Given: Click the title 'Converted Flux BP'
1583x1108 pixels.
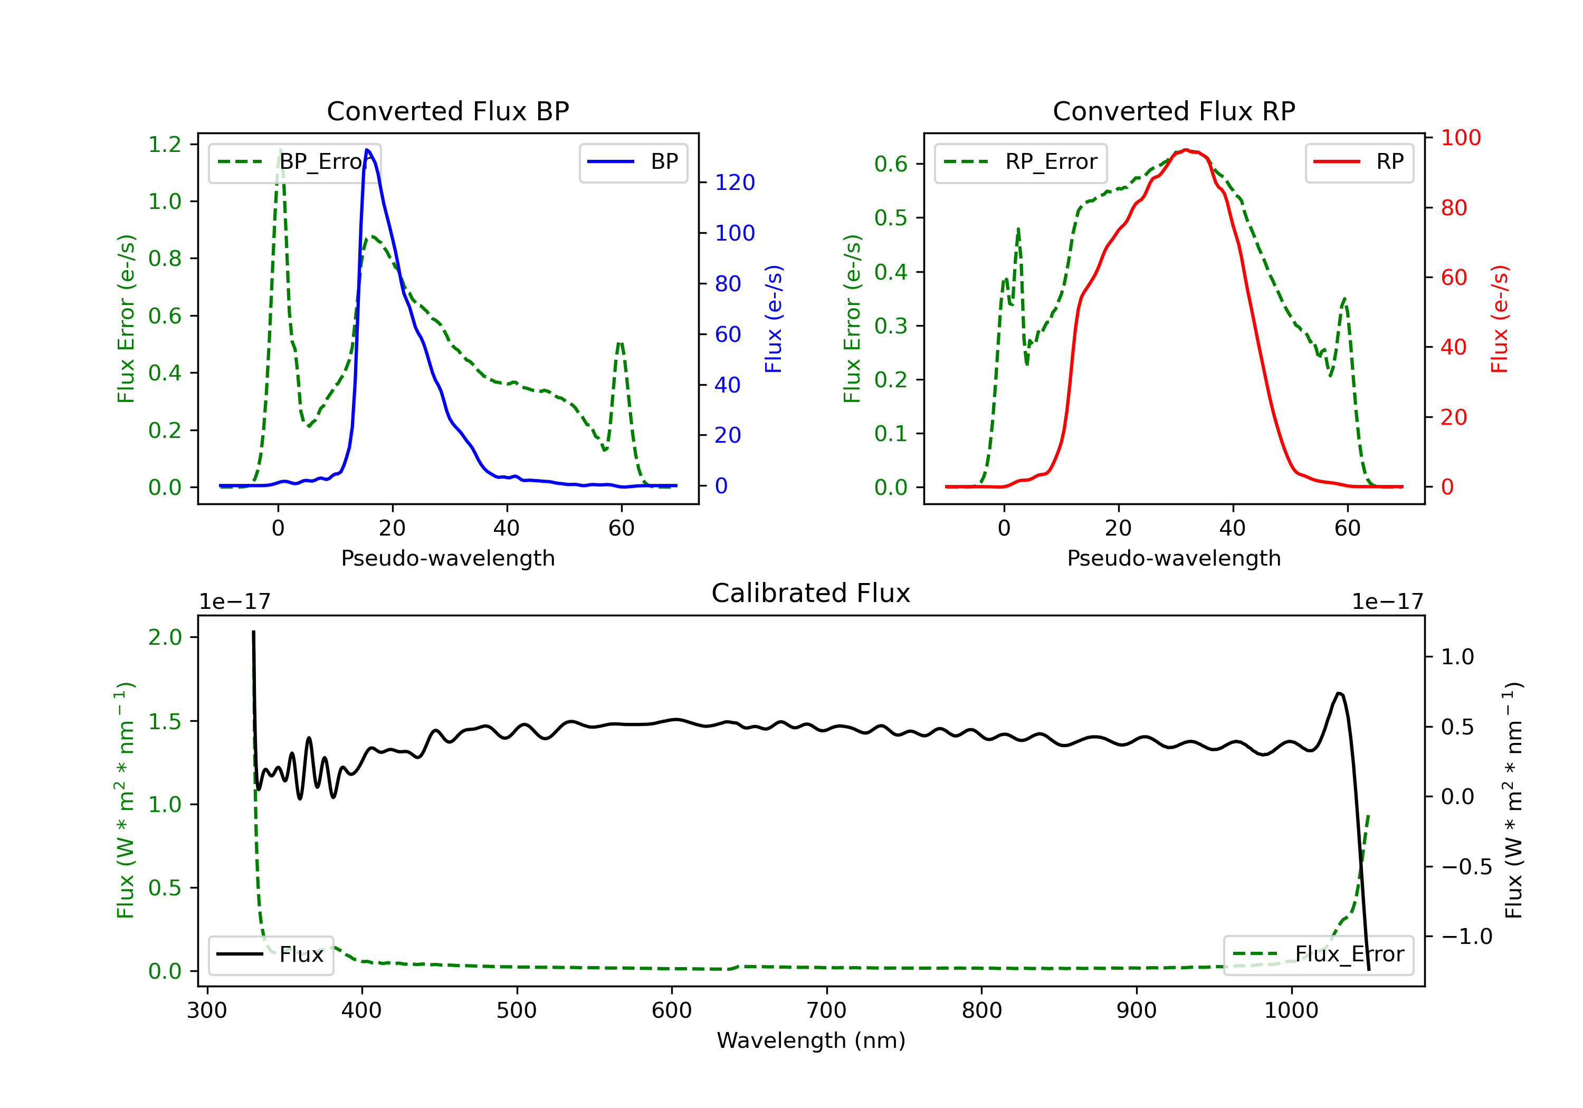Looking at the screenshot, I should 447,111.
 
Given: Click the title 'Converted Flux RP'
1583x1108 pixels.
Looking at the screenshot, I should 1174,111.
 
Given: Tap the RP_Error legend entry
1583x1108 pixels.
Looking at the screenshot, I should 1021,162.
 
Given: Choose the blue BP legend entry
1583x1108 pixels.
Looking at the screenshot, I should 633,162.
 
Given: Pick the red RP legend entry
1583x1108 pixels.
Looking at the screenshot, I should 1359,162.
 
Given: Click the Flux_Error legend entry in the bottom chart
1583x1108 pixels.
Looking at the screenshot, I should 1318,954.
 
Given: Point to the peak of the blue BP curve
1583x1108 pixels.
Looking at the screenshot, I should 367,150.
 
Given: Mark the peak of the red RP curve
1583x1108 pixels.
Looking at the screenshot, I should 1186,150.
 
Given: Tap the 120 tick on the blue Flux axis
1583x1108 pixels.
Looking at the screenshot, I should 735,183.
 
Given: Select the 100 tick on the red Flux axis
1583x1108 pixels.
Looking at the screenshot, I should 1460,138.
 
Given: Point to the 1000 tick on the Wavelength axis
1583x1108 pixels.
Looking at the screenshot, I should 1291,1011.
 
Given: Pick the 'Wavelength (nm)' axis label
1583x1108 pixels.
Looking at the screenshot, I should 811,1040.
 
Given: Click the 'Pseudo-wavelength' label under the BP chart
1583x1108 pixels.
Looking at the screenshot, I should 447,558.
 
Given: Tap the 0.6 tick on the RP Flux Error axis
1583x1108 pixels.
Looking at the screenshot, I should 890,164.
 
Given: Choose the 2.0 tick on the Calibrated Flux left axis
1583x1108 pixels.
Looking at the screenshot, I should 165,637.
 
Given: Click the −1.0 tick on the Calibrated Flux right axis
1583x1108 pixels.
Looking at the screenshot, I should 1466,937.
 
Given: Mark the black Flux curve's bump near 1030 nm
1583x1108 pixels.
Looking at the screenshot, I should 1339,694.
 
